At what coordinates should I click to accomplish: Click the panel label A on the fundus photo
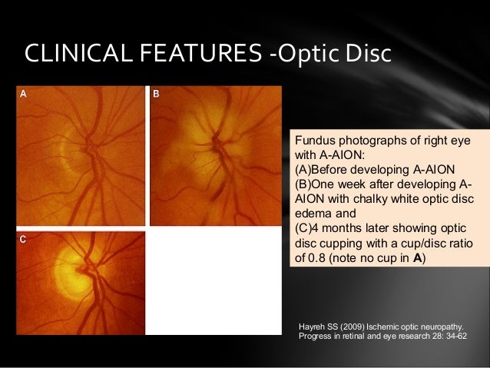pyautogui.click(x=23, y=94)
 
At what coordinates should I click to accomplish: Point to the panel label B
pyautogui.click(x=156, y=94)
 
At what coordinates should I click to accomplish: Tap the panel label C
pyautogui.click(x=23, y=240)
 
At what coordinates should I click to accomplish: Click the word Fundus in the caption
pyautogui.click(x=314, y=142)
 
